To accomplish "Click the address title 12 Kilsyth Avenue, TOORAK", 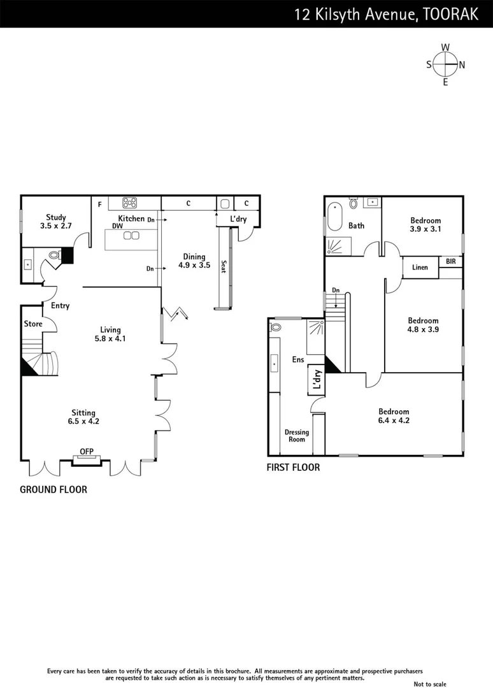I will click(386, 14).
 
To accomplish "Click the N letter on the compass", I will click(462, 64).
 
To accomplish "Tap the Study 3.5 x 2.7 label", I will click(56, 222).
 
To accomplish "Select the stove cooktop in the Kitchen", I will click(130, 203).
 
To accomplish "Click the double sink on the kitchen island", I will click(131, 236).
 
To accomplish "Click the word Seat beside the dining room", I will click(223, 266).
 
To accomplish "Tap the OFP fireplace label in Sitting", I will click(86, 452).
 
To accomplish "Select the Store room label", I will click(33, 324).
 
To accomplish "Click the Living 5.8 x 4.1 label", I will click(110, 334).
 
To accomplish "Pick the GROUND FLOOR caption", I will click(54, 489).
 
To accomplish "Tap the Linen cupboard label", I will click(420, 268).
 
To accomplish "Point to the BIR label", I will click(450, 262).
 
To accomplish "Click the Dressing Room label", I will click(296, 436).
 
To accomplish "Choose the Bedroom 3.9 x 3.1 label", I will click(425, 225).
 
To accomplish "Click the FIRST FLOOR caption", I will click(293, 468).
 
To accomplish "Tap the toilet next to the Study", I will click(54, 255).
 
